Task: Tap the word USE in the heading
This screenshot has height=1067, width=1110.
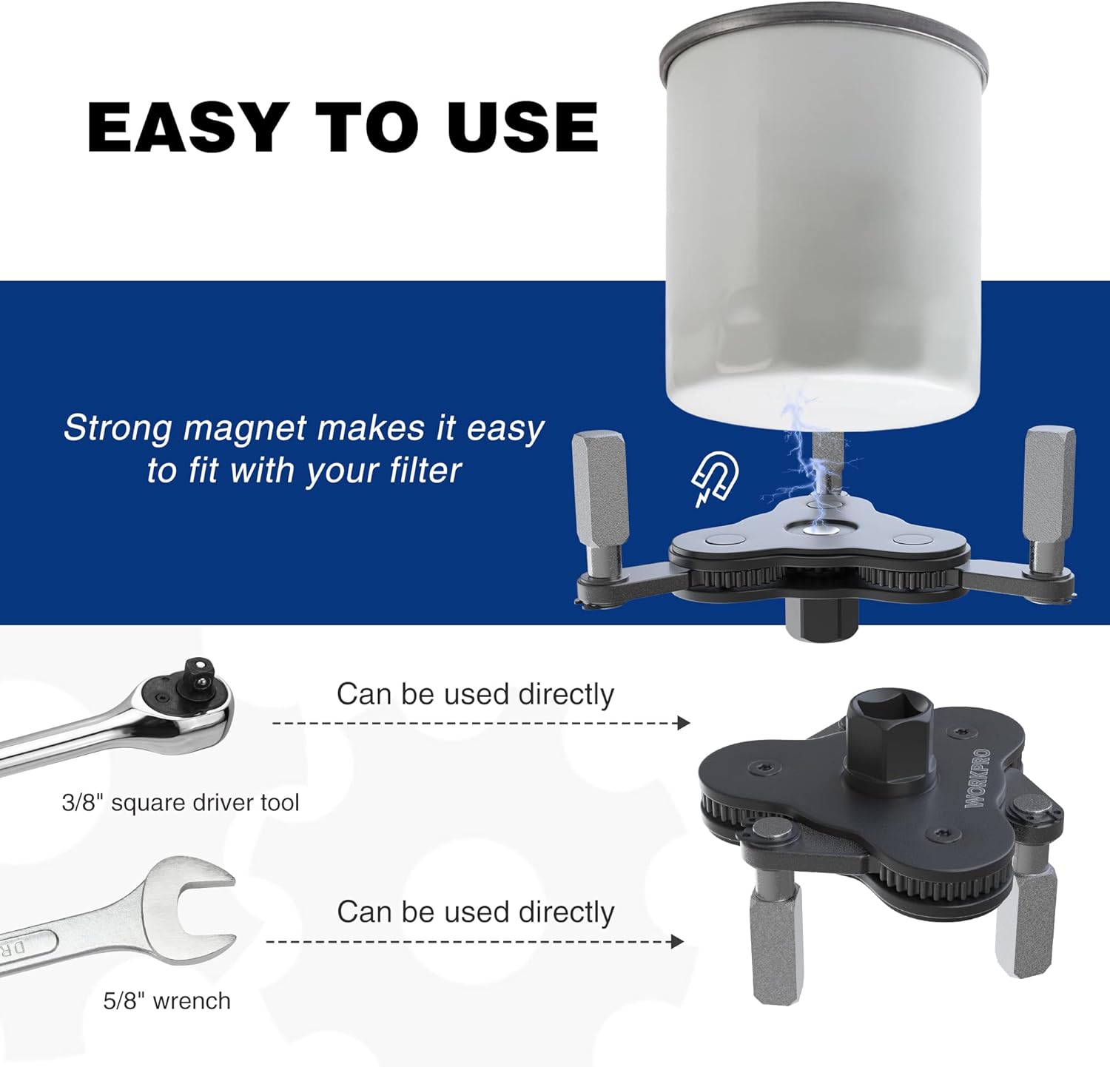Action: [522, 127]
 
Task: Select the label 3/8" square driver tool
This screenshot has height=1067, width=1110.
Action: [181, 802]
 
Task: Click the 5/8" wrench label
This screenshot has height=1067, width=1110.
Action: [167, 1000]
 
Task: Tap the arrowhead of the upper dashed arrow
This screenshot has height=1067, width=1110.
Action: [684, 723]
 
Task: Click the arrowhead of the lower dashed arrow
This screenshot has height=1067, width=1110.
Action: [676, 941]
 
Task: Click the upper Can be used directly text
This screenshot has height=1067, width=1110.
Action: [476, 694]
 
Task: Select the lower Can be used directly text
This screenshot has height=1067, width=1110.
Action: [476, 912]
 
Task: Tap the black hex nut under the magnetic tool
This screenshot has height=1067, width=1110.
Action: [823, 618]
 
